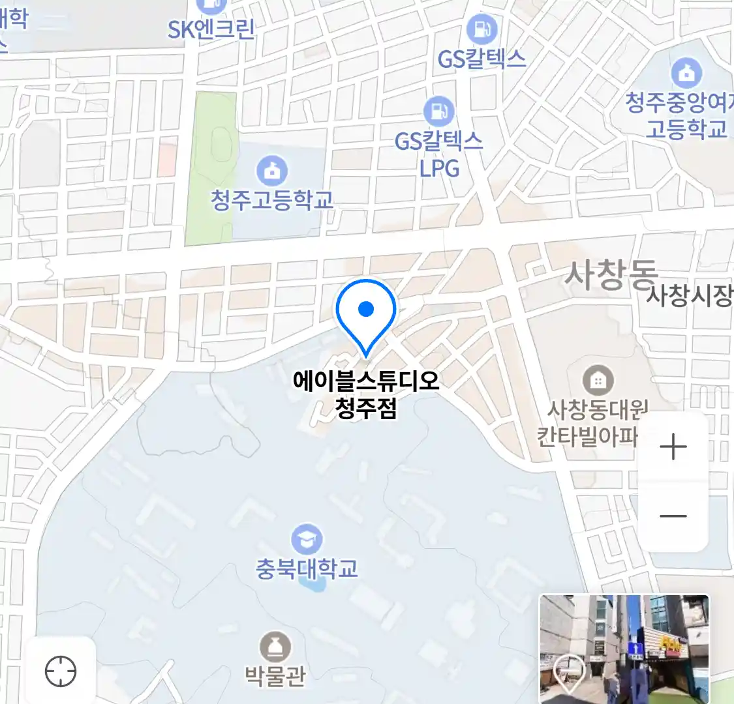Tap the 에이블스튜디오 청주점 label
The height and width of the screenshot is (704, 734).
(366, 394)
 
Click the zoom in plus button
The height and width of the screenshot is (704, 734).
(673, 448)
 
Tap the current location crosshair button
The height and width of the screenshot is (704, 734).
(61, 671)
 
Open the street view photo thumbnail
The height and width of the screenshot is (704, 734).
(624, 648)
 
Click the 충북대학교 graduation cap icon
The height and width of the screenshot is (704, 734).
(306, 540)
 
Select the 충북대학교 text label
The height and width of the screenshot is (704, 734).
(306, 569)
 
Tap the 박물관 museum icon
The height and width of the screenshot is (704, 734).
(275, 647)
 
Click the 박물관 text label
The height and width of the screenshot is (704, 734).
(275, 675)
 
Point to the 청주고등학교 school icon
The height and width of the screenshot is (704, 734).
(271, 171)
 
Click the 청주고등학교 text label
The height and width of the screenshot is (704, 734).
(271, 199)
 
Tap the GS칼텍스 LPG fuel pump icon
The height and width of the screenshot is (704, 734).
(438, 111)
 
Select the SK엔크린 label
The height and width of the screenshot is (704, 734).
(211, 29)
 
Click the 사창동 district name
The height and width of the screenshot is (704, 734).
(611, 274)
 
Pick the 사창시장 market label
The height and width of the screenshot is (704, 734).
(689, 296)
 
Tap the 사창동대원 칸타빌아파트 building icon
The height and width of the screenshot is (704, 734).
(597, 379)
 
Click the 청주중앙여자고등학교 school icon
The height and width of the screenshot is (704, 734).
(686, 73)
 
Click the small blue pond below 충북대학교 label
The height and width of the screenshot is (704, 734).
(314, 585)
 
